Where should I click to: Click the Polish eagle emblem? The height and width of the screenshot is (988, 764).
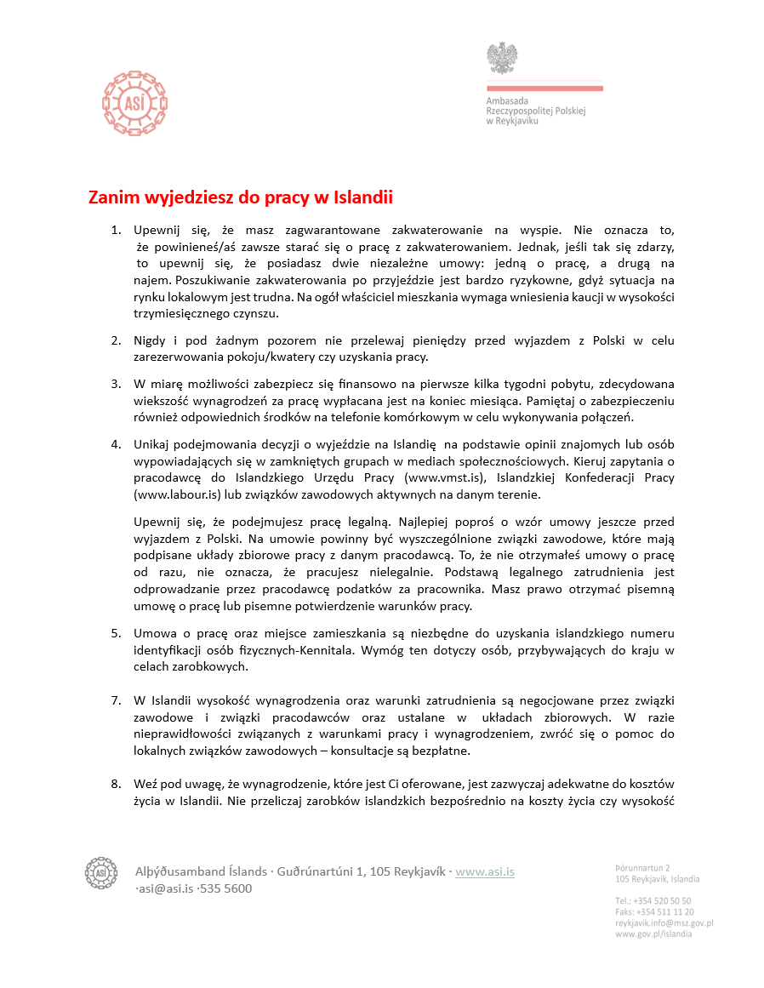point(502,59)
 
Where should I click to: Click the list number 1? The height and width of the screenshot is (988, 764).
point(117,230)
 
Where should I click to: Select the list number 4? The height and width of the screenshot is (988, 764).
point(117,443)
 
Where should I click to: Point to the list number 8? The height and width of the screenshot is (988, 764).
point(117,783)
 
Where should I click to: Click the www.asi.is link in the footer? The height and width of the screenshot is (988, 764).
point(485,871)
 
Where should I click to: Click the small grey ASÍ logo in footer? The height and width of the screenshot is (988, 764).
point(100,872)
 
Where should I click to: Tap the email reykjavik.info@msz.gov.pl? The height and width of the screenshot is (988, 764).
point(664,922)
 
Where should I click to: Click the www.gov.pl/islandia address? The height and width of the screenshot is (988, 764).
point(653,934)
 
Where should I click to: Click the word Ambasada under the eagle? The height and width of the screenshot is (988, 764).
point(507,100)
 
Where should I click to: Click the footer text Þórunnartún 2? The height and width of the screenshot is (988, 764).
point(642,867)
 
